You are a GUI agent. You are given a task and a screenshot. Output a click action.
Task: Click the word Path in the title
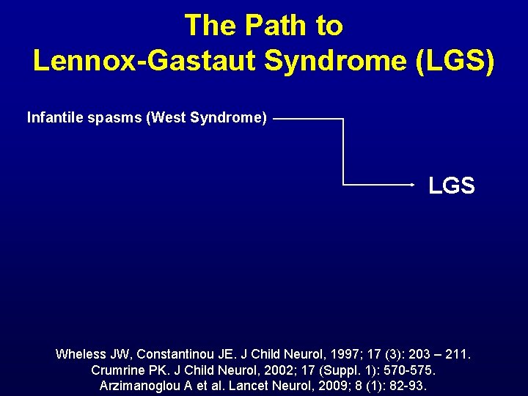coord(277,26)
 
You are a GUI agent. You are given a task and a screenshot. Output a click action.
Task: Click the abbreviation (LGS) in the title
coord(455,61)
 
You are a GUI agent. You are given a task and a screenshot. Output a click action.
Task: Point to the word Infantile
coord(54,117)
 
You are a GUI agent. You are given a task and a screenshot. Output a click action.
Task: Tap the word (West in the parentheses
coord(166,117)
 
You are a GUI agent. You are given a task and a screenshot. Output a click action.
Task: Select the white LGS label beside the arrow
coord(452,186)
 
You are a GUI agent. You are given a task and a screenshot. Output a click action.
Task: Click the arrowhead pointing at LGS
coord(412,185)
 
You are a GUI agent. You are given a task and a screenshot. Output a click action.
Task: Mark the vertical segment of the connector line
coord(343,151)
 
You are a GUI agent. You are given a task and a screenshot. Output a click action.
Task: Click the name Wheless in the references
coord(81,355)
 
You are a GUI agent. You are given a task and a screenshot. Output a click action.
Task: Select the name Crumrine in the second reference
coord(120,370)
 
